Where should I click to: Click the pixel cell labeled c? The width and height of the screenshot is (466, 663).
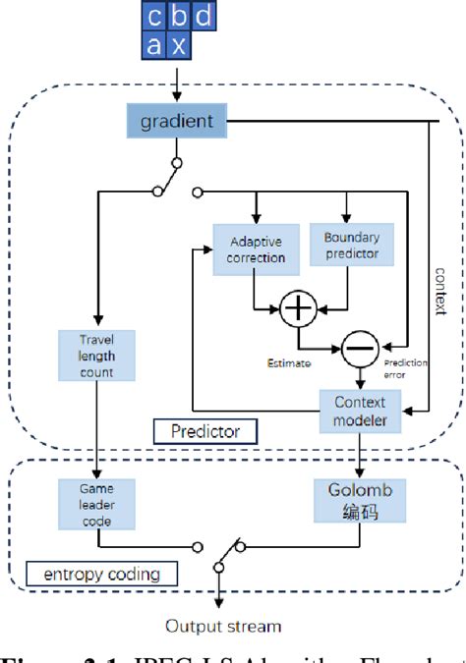[155, 18]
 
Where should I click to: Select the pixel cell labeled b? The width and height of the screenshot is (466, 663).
[178, 18]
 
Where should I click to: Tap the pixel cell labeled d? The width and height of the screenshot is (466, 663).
[202, 18]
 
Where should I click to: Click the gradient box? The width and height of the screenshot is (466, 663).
[176, 122]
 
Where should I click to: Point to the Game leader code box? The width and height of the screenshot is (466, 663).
[97, 502]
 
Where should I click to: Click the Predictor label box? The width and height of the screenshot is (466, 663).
[205, 430]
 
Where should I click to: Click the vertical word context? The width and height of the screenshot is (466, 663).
[439, 292]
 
